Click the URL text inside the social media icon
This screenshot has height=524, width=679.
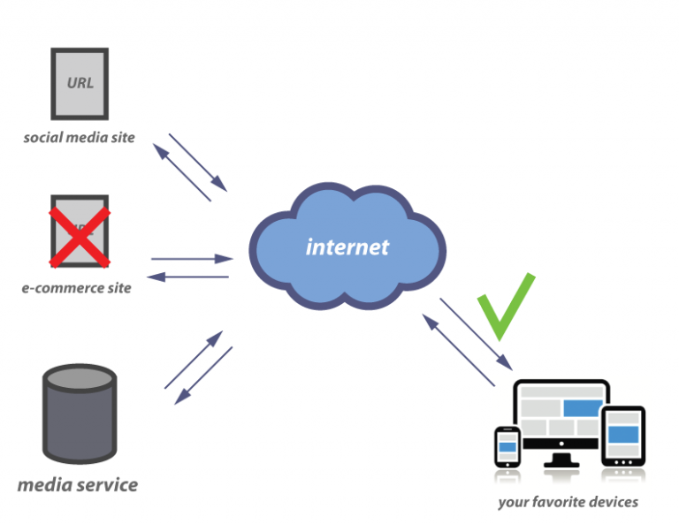(80, 83)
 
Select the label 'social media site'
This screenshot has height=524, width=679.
(79, 138)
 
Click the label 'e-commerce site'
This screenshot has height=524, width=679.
(76, 288)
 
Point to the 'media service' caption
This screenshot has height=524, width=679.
(78, 485)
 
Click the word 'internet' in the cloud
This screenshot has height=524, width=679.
(347, 247)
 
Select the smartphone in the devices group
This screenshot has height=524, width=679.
(507, 447)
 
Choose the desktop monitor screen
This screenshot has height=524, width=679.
(561, 416)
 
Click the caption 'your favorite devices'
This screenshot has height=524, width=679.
(567, 502)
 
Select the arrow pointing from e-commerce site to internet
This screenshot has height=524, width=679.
(192, 259)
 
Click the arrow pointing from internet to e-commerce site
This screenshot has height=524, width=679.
(187, 277)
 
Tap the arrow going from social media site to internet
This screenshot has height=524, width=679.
(198, 162)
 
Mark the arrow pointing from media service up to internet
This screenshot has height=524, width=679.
(193, 360)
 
